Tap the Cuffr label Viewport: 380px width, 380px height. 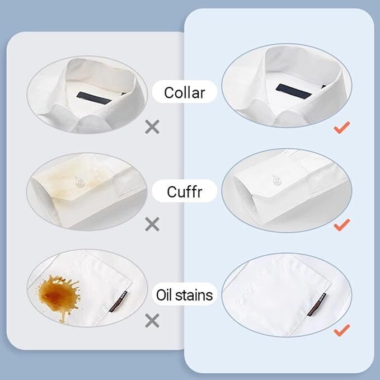point(185,192)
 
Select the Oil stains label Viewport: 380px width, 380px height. point(185,294)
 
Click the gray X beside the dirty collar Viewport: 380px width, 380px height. point(152,127)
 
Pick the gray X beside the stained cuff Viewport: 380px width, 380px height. point(152,225)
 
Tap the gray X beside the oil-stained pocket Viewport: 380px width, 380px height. point(152,321)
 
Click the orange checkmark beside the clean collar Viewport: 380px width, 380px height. point(341,128)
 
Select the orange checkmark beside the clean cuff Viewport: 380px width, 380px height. point(341,225)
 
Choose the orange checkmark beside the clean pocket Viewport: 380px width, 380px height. point(341,330)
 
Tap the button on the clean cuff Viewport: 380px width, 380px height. point(276,181)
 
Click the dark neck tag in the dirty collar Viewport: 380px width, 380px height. point(93,97)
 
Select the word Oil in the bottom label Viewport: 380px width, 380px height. point(165,294)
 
